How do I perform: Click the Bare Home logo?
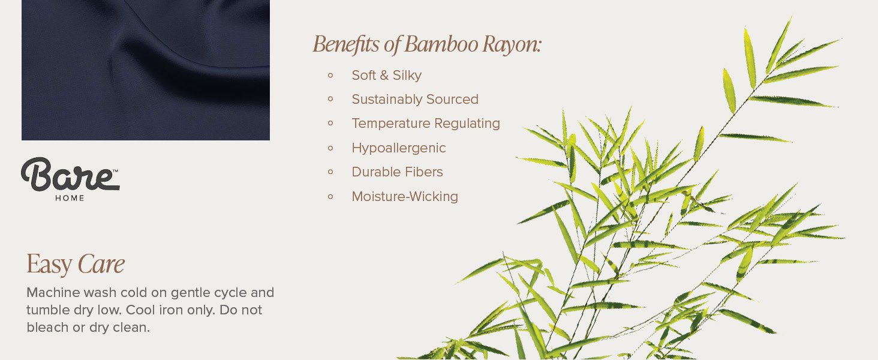(x=70, y=176)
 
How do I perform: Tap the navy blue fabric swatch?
(x=146, y=70)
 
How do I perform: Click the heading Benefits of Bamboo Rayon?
(x=426, y=44)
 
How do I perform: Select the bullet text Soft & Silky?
(x=386, y=76)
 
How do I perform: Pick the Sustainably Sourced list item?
(x=414, y=100)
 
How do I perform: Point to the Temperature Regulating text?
(x=425, y=124)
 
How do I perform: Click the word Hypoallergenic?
(x=398, y=148)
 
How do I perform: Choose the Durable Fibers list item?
(x=397, y=172)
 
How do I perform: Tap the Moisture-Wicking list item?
(x=404, y=197)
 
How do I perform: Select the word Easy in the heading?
(x=49, y=265)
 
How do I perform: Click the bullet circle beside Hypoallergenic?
(x=330, y=148)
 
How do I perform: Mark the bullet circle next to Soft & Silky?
(x=330, y=75)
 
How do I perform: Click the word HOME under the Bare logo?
(x=70, y=198)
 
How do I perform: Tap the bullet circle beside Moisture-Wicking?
(x=330, y=196)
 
